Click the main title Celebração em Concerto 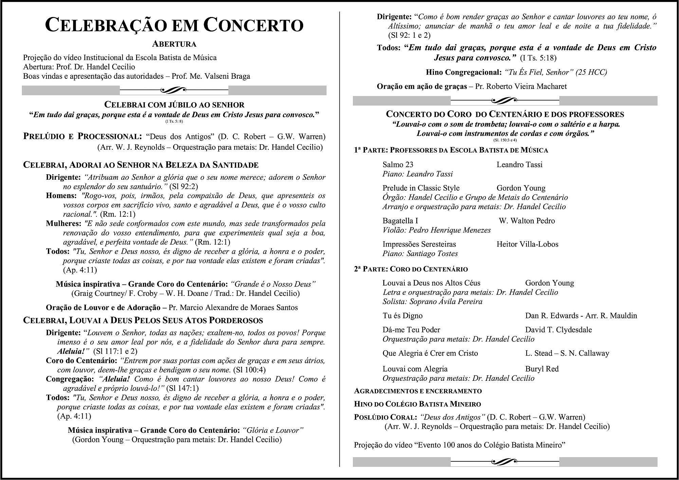(174, 25)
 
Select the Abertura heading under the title (174, 44)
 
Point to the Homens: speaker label (61, 196)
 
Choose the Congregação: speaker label (70, 379)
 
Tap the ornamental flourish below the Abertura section (174, 90)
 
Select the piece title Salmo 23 (398, 165)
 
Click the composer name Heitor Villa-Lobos (527, 244)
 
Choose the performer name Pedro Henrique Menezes (449, 230)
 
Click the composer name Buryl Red (542, 369)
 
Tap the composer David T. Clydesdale (558, 330)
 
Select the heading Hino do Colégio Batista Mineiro (418, 404)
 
